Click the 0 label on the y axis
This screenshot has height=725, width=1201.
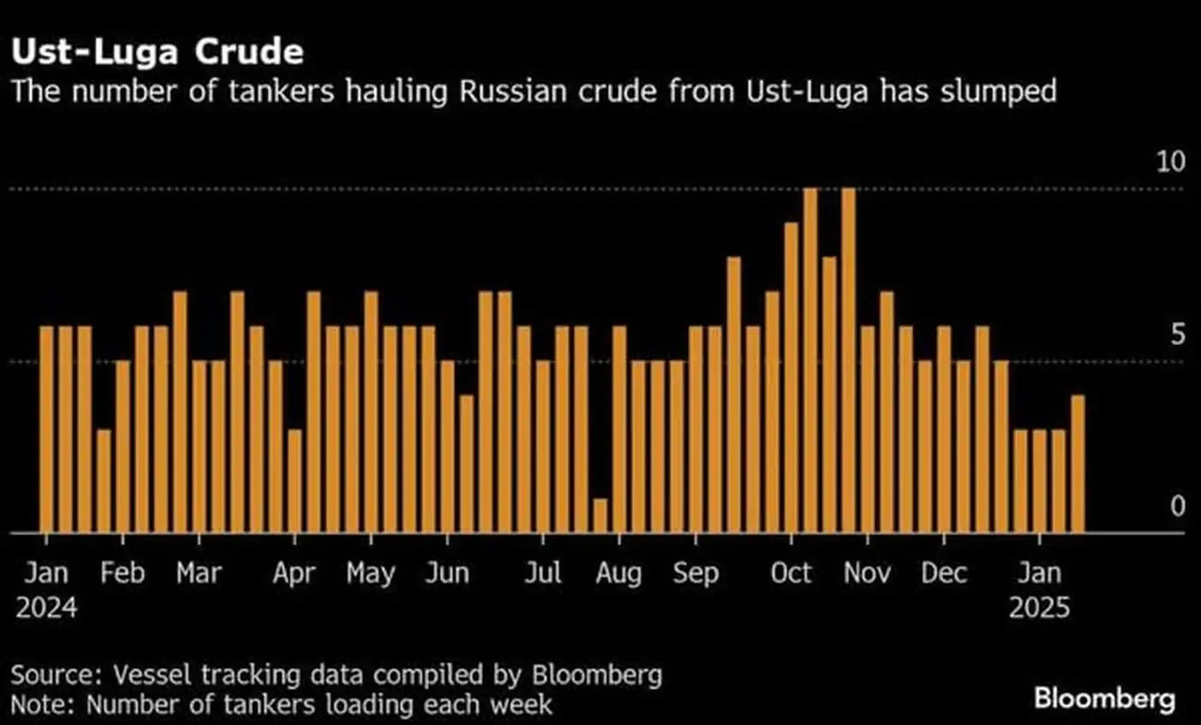click(x=1177, y=506)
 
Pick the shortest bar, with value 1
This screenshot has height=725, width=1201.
click(x=600, y=516)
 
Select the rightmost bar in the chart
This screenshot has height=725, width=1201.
click(x=1077, y=463)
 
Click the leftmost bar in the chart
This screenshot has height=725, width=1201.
click(x=46, y=429)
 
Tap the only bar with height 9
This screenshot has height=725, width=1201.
click(x=791, y=378)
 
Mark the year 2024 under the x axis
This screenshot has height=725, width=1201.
click(x=46, y=608)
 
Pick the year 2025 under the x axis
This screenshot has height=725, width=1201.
click(x=1039, y=608)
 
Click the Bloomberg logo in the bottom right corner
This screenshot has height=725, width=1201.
click(x=1105, y=698)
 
